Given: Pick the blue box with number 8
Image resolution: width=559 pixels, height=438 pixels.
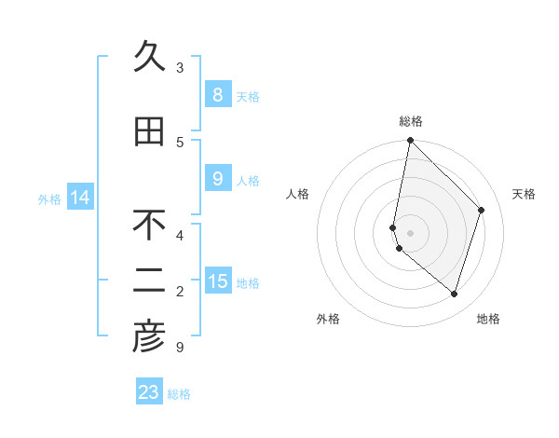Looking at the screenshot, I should pyautogui.click(x=217, y=95).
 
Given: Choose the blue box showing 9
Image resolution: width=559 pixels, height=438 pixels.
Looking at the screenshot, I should pyautogui.click(x=217, y=179).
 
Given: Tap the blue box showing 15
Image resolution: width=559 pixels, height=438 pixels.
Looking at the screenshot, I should pyautogui.click(x=217, y=281).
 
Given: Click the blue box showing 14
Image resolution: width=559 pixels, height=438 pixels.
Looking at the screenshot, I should pyautogui.click(x=80, y=198).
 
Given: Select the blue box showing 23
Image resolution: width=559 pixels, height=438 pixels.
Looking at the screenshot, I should pyautogui.click(x=149, y=392).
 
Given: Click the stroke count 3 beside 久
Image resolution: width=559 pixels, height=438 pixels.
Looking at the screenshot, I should pyautogui.click(x=180, y=68).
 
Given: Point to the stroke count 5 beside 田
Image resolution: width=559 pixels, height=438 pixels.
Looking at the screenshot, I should pyautogui.click(x=180, y=143).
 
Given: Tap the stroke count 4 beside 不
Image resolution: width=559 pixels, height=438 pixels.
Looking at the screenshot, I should pyautogui.click(x=180, y=236).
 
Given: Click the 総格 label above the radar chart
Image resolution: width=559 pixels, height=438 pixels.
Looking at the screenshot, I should pyautogui.click(x=411, y=121).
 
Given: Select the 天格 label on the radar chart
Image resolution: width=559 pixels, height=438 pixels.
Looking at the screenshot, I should pyautogui.click(x=525, y=194).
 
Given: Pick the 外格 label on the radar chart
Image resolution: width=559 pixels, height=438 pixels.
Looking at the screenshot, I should pyautogui.click(x=328, y=319).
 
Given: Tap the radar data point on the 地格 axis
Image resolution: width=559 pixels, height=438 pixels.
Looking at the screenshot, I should pyautogui.click(x=454, y=294).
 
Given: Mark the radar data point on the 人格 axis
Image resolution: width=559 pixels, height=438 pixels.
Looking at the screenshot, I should pyautogui.click(x=393, y=227).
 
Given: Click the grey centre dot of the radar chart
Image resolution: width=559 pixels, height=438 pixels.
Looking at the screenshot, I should pyautogui.click(x=411, y=232).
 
